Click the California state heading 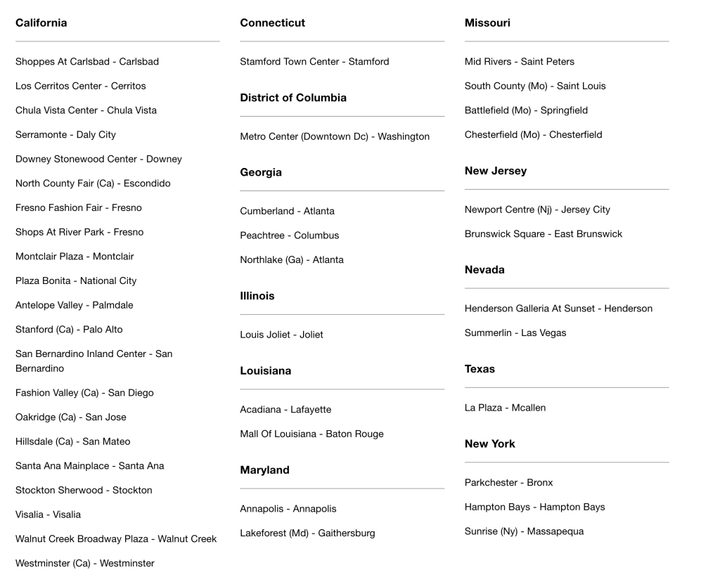pos(41,23)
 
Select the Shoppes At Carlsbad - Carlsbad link pos(87,62)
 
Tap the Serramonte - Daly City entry pos(65,135)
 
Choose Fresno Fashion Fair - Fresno pos(79,208)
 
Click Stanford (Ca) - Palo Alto pos(69,330)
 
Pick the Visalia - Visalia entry pos(48,515)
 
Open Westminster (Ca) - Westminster pos(85,563)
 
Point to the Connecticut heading pos(273,23)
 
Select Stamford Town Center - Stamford pos(314,62)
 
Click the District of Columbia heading pos(293,98)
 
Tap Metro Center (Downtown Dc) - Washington pos(335,136)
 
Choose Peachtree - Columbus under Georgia pos(290,235)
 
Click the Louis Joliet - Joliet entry pos(281,335)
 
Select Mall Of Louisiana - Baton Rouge pos(311,434)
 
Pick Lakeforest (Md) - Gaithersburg pos(307,533)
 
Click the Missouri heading pos(487,23)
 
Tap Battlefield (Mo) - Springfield pos(526,110)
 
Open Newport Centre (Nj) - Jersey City pos(537,209)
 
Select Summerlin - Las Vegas pos(515,333)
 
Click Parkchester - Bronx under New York pos(508,483)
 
